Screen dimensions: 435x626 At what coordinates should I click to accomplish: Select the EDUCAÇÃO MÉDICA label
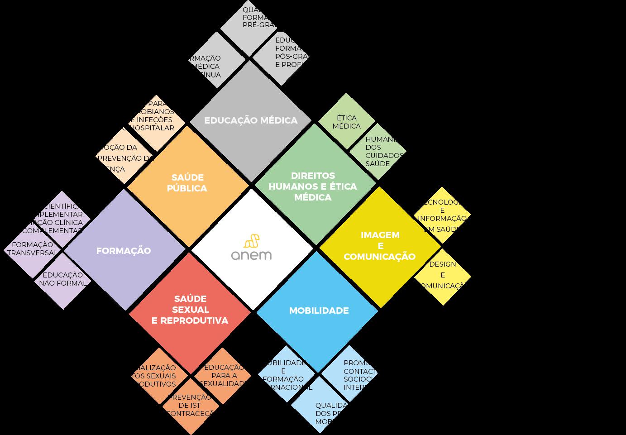[251, 120]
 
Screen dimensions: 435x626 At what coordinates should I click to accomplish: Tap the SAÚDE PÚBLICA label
[187, 183]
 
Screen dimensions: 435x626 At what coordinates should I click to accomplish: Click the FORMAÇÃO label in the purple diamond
[124, 251]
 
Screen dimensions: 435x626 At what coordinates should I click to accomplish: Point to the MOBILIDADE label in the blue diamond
[319, 311]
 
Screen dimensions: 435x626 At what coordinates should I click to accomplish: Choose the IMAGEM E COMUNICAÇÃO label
[380, 246]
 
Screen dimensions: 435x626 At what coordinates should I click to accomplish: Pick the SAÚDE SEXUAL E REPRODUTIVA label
[190, 310]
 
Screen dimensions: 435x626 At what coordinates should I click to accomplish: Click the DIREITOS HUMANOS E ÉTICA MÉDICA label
[313, 186]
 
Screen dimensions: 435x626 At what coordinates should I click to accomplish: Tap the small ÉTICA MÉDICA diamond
[347, 122]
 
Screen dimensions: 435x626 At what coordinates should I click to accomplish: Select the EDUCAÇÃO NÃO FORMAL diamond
[62, 279]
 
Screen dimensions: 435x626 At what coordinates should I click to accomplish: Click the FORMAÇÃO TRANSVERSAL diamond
[33, 249]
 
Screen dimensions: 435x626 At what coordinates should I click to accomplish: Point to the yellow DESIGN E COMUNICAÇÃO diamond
[443, 275]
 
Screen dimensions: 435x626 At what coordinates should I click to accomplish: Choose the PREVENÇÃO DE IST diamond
[191, 405]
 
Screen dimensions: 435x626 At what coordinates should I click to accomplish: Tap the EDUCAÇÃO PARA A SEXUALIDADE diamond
[223, 375]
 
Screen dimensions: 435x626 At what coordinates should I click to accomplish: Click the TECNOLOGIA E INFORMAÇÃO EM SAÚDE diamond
[442, 215]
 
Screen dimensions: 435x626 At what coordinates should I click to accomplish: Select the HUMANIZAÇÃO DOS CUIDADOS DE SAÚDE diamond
[379, 151]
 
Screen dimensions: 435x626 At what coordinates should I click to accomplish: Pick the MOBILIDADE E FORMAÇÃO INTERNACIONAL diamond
[285, 375]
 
